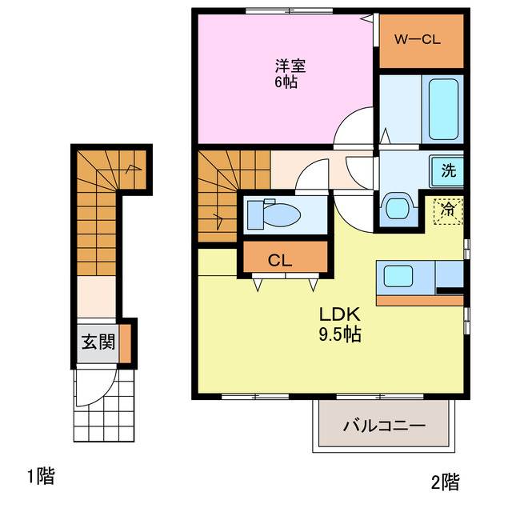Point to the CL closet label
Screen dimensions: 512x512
pyautogui.click(x=279, y=259)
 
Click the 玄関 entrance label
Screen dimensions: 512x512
pyautogui.click(x=97, y=342)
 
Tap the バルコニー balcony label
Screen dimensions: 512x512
pyautogui.click(x=384, y=425)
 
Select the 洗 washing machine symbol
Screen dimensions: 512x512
pyautogui.click(x=449, y=170)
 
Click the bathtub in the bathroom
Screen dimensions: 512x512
pyautogui.click(x=444, y=110)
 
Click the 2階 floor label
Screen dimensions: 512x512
pyautogui.click(x=445, y=482)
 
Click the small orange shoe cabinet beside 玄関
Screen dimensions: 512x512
pyautogui.click(x=126, y=342)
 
